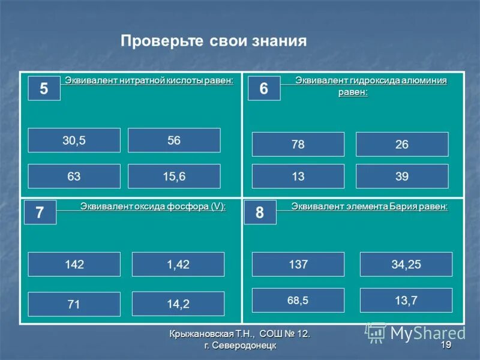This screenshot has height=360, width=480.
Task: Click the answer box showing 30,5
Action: coord(74,140)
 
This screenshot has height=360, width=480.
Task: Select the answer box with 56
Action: coord(174,140)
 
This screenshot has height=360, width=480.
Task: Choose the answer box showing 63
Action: coord(74,176)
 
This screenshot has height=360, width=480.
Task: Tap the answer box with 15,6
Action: coord(174,176)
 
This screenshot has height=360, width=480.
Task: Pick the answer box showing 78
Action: coord(298,145)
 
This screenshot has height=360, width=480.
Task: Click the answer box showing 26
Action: coord(402,145)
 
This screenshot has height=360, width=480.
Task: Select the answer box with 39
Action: coord(402,176)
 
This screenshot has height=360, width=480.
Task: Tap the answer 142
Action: coord(74,265)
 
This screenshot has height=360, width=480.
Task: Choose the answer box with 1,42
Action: coord(178,265)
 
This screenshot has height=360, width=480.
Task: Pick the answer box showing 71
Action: coord(74,304)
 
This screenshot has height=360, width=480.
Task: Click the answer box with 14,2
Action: coord(178,304)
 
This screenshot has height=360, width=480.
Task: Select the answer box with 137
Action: coord(298,265)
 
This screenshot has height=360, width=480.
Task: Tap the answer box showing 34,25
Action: coord(406,265)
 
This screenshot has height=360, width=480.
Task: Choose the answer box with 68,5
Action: coord(298,300)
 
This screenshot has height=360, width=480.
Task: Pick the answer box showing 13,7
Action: coord(406,300)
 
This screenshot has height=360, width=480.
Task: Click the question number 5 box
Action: coord(44,89)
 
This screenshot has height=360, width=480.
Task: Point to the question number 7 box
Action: coord(40,212)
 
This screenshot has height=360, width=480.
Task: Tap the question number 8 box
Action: coord(260,212)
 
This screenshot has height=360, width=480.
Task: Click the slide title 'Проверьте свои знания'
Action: coord(214,41)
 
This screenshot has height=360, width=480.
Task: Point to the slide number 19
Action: coord(446,345)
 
